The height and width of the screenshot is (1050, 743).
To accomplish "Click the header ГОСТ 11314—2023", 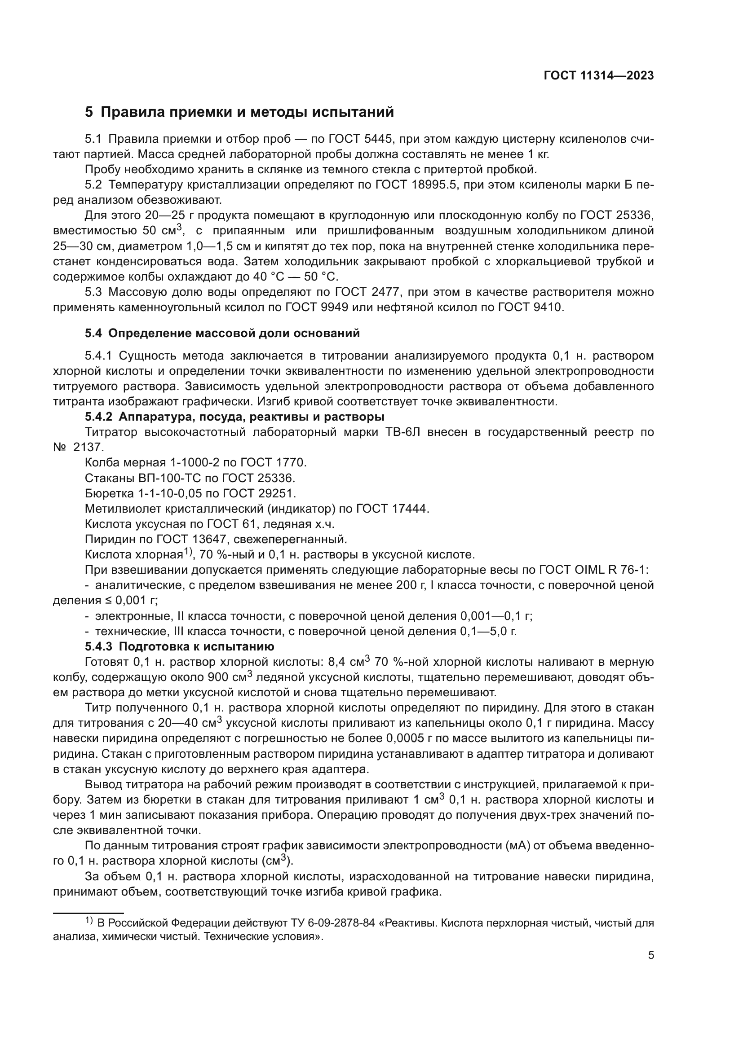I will [599, 76].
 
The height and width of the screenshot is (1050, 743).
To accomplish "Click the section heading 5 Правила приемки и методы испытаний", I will [239, 112].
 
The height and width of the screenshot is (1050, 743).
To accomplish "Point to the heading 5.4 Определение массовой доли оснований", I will [222, 334].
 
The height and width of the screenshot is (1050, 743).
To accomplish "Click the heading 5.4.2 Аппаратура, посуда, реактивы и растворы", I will [234, 417].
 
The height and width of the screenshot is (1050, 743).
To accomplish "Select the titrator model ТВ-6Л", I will [401, 432].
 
